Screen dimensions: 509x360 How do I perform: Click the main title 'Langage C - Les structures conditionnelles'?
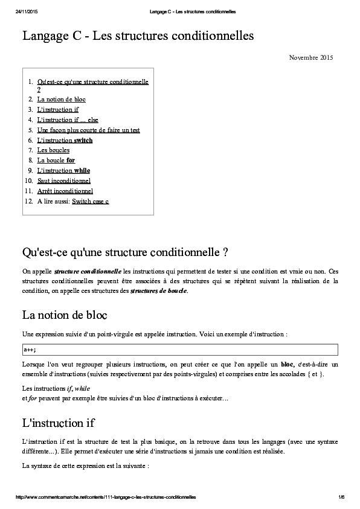[138, 36]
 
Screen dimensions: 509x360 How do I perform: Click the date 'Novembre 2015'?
[310, 58]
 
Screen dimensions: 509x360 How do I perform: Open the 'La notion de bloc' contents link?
[61, 99]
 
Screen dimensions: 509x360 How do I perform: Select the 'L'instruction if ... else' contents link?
[68, 120]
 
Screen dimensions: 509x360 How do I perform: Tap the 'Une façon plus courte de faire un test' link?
[88, 130]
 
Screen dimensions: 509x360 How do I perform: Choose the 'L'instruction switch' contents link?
[65, 140]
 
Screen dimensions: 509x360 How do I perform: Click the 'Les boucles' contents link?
[53, 150]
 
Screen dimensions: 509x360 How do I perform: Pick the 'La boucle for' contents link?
[56, 160]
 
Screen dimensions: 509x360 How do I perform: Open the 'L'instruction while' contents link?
[63, 170]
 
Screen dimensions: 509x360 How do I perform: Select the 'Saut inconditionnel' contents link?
[63, 181]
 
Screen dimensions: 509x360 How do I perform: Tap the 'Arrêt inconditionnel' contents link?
[65, 191]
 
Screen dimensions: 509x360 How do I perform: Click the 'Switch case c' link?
[90, 201]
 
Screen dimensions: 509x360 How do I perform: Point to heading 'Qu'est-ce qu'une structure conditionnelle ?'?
[124, 251]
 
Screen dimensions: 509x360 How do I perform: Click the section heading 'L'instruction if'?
[58, 422]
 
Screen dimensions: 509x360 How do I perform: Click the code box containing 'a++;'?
[179, 349]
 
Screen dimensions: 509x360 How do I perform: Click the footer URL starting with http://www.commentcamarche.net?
[105, 497]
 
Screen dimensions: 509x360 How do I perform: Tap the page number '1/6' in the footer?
[341, 497]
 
